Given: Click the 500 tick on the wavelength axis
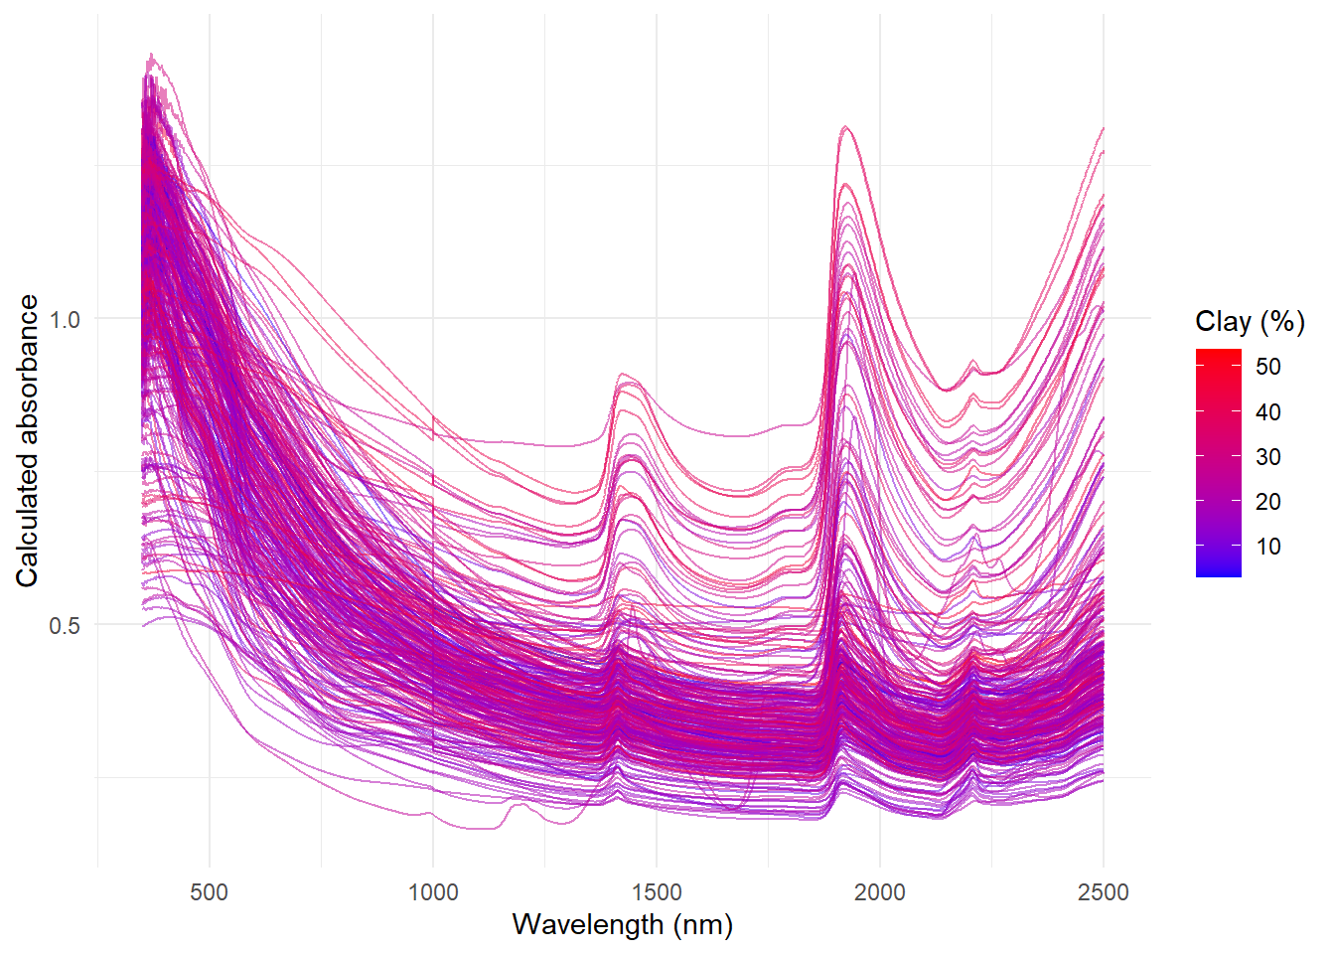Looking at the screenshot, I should coord(210,891).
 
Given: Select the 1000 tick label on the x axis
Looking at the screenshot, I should coord(433,891).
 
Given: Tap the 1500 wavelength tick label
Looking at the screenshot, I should coord(657,891).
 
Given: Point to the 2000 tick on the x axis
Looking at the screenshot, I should coord(880,891).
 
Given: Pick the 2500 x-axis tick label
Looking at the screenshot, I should coord(1104,891).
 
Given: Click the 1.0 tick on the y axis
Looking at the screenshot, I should coord(64,319).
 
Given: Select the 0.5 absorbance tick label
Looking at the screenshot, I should coord(64,625).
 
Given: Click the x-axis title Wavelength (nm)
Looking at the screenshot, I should coord(623,924).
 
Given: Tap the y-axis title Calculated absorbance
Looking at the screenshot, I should coord(27,440).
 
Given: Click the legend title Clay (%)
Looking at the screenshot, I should coord(1250,321).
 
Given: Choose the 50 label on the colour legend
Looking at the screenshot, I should coord(1267,367).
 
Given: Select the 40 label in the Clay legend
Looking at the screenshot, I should coord(1267,411).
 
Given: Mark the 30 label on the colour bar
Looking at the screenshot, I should coord(1267,457).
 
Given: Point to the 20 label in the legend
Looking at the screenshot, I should coord(1267,502).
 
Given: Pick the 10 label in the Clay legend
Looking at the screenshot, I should coord(1267,547).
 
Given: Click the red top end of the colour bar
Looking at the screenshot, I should coord(1219,353).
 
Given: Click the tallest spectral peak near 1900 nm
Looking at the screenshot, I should coord(845,127).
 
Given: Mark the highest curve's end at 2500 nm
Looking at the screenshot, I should coord(1103,128).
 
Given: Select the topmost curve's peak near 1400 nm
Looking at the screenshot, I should coord(623,375).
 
